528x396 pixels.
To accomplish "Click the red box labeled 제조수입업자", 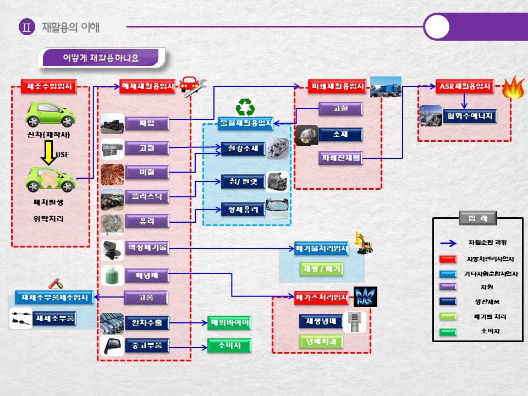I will pyautogui.click(x=49, y=86).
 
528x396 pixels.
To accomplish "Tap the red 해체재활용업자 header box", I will pyautogui.click(x=147, y=86).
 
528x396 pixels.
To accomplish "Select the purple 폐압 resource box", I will pyautogui.click(x=147, y=123).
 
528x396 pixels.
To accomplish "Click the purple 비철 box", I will pyautogui.click(x=147, y=172).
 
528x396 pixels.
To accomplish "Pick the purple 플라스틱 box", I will pyautogui.click(x=147, y=196).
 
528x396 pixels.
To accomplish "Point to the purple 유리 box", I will pyautogui.click(x=147, y=221).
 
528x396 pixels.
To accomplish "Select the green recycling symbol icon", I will pyautogui.click(x=245, y=107).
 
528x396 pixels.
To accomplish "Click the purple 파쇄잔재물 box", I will pyautogui.click(x=340, y=158).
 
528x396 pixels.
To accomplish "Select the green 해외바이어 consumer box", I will pyautogui.click(x=229, y=323).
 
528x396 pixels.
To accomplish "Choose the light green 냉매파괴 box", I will pyautogui.click(x=321, y=342).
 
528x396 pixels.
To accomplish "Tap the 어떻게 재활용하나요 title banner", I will pyautogui.click(x=101, y=58).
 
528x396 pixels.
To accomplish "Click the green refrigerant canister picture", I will pyautogui.click(x=112, y=275).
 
